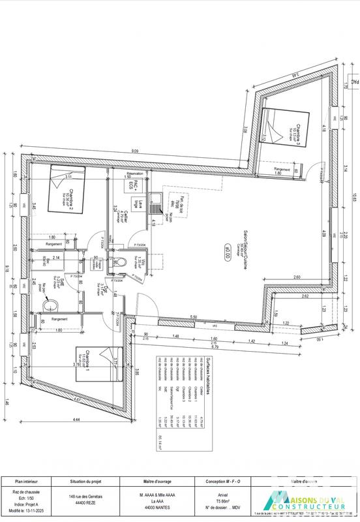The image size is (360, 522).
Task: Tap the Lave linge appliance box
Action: pos(140,202)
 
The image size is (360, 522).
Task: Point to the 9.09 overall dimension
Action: pos(134,151)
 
